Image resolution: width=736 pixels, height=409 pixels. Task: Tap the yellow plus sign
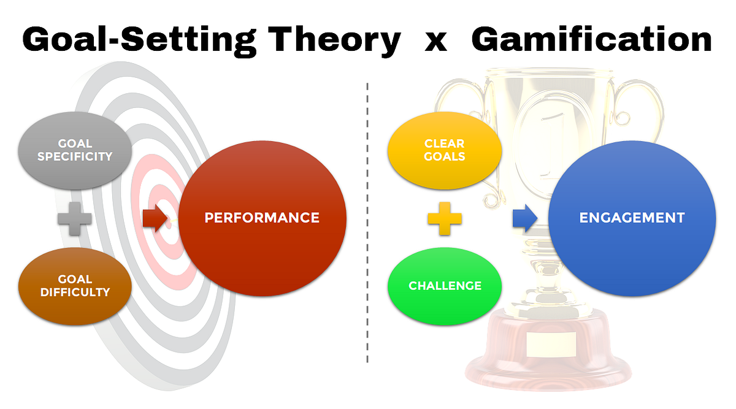[x=445, y=219]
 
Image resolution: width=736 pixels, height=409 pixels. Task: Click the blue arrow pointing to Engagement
[x=525, y=218]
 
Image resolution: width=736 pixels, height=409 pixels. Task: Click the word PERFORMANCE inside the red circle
[x=262, y=218]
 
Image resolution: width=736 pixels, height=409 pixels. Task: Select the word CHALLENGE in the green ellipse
[x=445, y=286]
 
